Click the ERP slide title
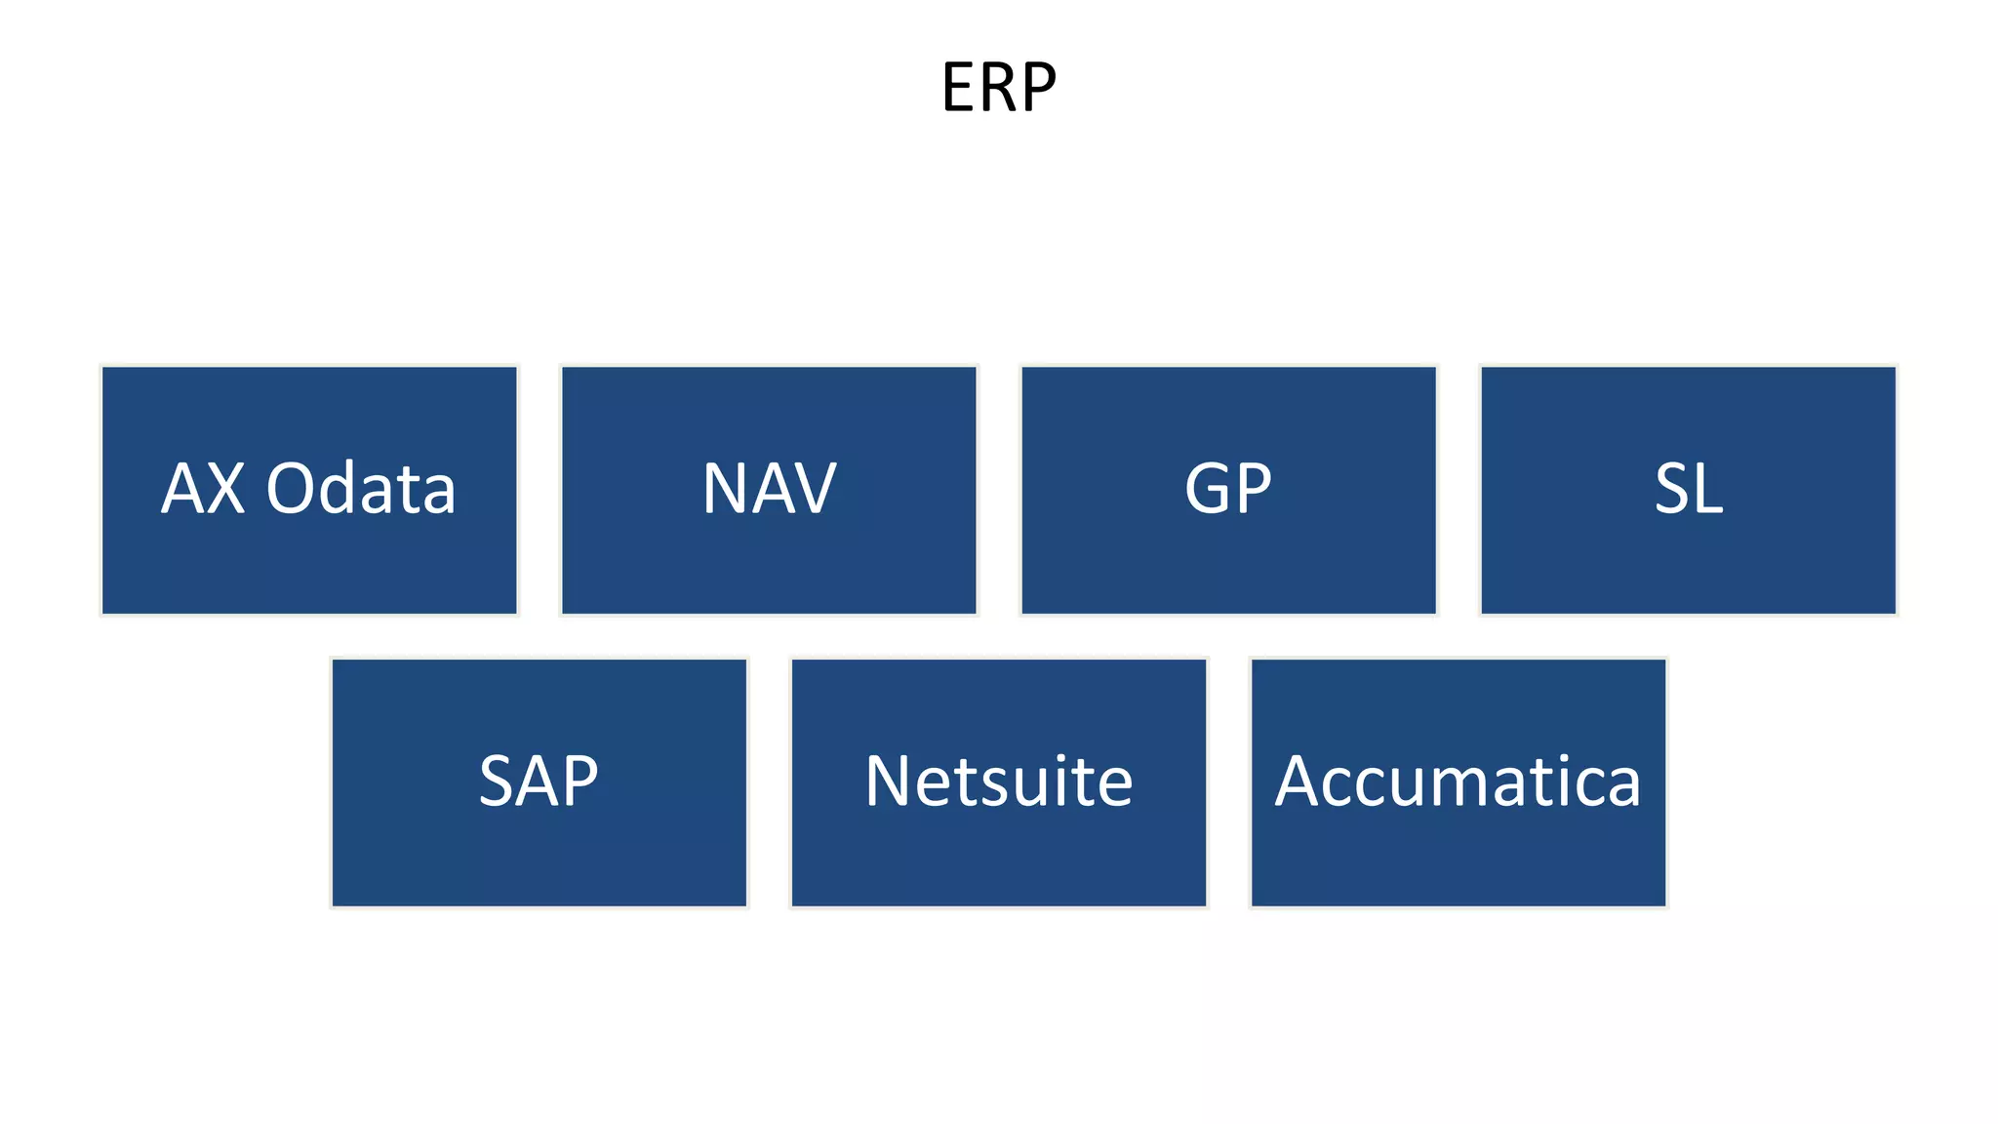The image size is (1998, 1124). tap(999, 88)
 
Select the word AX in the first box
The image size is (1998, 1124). tap(203, 488)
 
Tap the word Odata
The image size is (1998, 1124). tap(361, 488)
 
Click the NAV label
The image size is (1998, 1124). tap(769, 488)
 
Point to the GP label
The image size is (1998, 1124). tap(1228, 488)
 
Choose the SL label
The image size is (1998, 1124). tap(1689, 488)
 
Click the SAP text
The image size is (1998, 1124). tap(539, 781)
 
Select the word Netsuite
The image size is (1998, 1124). tap(999, 781)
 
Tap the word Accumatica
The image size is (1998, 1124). tap(1459, 781)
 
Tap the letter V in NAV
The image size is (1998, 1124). tap(813, 488)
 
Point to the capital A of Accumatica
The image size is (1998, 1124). tap(1299, 781)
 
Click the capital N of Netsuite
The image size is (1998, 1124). tap(889, 781)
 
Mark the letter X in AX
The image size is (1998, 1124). tap(225, 488)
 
